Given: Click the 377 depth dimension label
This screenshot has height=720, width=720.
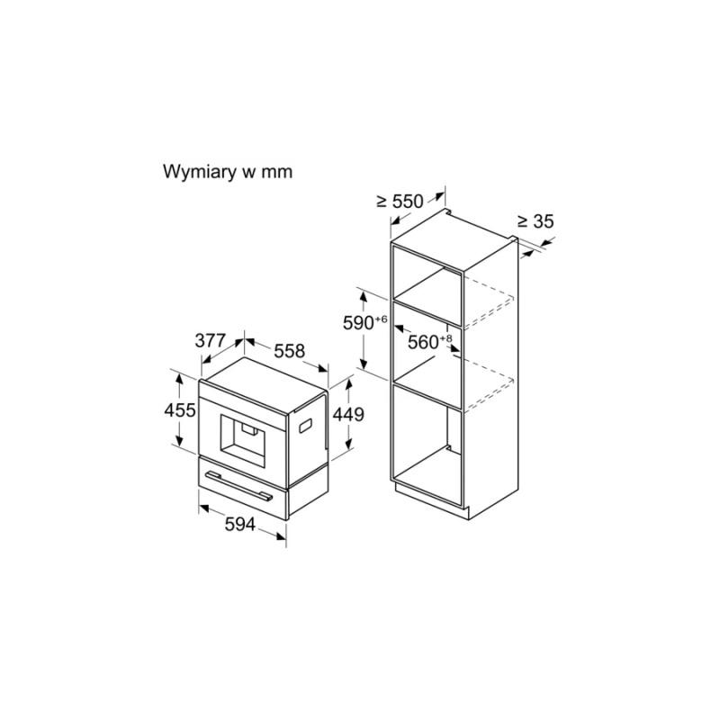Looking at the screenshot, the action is tap(211, 341).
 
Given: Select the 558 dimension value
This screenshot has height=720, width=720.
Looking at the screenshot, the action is tap(289, 351).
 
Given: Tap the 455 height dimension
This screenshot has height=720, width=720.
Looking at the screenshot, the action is tap(180, 410).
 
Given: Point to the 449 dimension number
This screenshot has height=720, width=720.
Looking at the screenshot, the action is tap(348, 414).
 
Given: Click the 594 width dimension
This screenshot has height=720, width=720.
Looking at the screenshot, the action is tap(239, 524).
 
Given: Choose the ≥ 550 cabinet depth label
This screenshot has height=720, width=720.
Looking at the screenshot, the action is tap(400, 201).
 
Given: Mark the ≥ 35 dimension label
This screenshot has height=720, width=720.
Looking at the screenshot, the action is tap(535, 221).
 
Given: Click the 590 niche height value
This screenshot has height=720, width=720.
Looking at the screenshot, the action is tap(358, 323).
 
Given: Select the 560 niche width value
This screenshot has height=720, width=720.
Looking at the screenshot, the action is tap(423, 342).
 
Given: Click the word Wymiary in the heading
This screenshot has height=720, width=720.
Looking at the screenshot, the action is tap(198, 172).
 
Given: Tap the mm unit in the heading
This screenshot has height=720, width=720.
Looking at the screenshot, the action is tap(277, 173).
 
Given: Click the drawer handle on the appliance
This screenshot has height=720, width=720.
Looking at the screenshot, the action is tap(238, 485).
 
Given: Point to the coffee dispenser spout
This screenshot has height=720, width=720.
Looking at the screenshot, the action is tap(250, 429).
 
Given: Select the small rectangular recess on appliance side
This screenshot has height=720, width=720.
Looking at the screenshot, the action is tap(306, 426).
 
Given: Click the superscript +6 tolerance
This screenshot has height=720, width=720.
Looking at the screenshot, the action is tap(381, 319).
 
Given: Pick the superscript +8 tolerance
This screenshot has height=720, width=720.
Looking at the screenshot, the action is tap(445, 338).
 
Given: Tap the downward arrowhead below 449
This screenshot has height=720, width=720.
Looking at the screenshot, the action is tap(349, 444).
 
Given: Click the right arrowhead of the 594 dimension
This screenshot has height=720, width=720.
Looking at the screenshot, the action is tap(281, 535).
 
